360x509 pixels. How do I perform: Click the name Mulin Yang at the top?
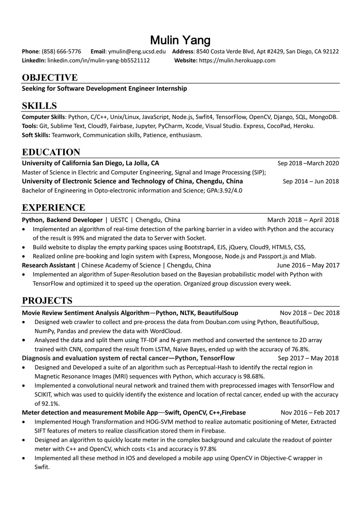point(180,40)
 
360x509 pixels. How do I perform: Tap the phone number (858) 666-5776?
point(61,52)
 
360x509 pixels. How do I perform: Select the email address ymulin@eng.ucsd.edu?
point(137,52)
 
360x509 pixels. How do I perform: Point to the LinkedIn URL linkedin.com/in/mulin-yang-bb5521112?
point(98,60)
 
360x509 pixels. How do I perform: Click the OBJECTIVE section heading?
point(50,78)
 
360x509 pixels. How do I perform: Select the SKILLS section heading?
point(39,106)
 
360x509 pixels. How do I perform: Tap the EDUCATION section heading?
point(51,152)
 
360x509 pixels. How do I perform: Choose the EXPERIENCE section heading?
point(54,208)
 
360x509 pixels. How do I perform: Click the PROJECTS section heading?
point(47,301)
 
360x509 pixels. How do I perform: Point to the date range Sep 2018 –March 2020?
point(308,163)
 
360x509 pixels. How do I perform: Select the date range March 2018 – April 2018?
point(303,220)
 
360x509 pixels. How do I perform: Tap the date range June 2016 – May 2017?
point(308,265)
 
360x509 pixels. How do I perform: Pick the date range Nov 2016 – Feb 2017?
point(310,413)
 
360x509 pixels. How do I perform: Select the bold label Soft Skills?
point(36,135)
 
